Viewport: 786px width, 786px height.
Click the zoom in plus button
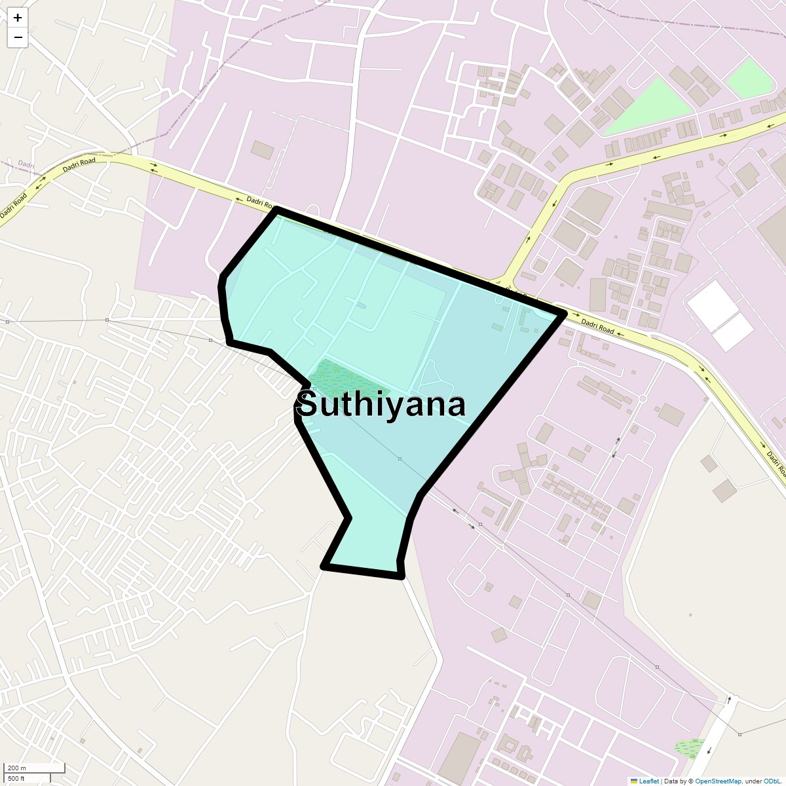[18, 18]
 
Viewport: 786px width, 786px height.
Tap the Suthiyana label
[381, 405]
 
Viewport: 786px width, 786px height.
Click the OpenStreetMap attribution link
[718, 781]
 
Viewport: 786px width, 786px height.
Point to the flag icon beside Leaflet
[633, 781]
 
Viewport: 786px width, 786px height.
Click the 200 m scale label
[17, 768]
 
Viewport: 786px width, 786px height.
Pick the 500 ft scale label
[16, 778]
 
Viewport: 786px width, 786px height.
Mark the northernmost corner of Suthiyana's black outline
[276, 210]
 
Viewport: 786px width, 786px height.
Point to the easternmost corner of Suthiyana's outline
[563, 315]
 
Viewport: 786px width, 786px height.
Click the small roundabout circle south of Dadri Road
[643, 398]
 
